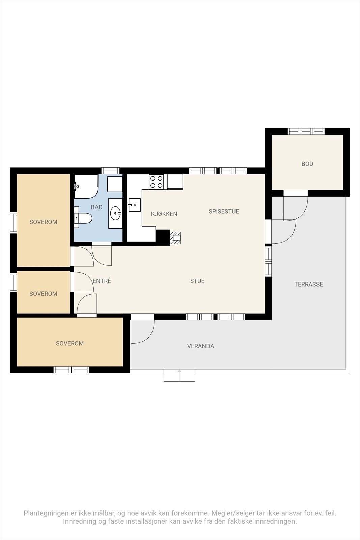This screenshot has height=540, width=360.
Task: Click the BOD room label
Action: (307, 164)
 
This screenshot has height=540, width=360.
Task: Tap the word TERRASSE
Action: (308, 284)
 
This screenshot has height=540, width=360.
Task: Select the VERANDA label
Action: (200, 346)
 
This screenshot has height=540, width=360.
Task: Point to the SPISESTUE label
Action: (224, 211)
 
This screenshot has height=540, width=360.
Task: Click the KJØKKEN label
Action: (164, 214)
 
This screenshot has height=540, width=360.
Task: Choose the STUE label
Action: (197, 281)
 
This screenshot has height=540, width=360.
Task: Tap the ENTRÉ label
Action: (102, 281)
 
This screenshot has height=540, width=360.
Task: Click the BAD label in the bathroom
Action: (96, 207)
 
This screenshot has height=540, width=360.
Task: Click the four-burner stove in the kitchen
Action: (157, 182)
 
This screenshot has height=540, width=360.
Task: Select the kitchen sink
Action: (135, 205)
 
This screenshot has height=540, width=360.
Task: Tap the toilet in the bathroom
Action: (83, 218)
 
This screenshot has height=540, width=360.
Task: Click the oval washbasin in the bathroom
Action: (116, 213)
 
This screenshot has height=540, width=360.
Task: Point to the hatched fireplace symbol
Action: (175, 238)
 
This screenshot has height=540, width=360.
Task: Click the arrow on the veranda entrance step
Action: (179, 375)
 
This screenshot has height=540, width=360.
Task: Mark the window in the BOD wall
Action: (306, 131)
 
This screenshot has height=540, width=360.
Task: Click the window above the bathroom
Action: (110, 171)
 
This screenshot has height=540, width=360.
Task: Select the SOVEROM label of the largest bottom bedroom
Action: (70, 343)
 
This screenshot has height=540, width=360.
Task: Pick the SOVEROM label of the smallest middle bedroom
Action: (44, 294)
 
